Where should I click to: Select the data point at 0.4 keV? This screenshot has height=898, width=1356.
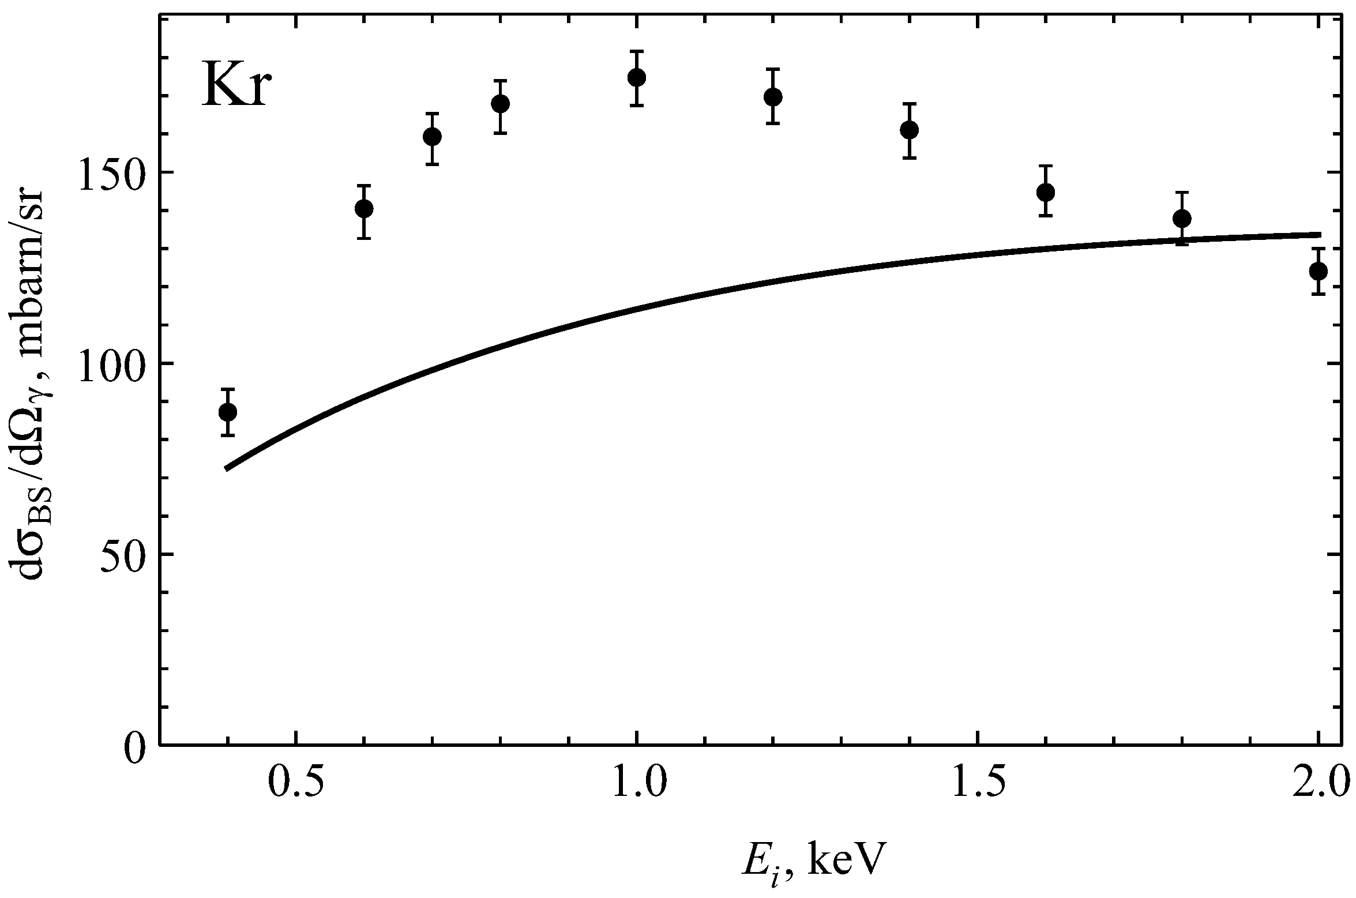point(228,412)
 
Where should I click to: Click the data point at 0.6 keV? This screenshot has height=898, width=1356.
point(363,208)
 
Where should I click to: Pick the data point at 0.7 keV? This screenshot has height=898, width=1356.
point(432,137)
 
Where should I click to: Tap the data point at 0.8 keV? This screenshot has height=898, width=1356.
point(500,104)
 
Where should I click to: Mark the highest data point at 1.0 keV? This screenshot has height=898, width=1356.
point(636,77)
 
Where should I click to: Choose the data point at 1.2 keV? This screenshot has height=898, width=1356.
point(773,96)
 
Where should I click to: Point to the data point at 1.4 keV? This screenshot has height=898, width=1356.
point(910,130)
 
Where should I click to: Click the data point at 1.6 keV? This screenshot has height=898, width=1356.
point(1046,191)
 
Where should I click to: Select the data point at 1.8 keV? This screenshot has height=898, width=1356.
point(1182,218)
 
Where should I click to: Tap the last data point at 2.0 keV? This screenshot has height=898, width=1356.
point(1318,271)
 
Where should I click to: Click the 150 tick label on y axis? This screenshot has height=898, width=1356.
point(109,172)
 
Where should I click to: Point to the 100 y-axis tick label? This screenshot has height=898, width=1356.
point(109,364)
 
